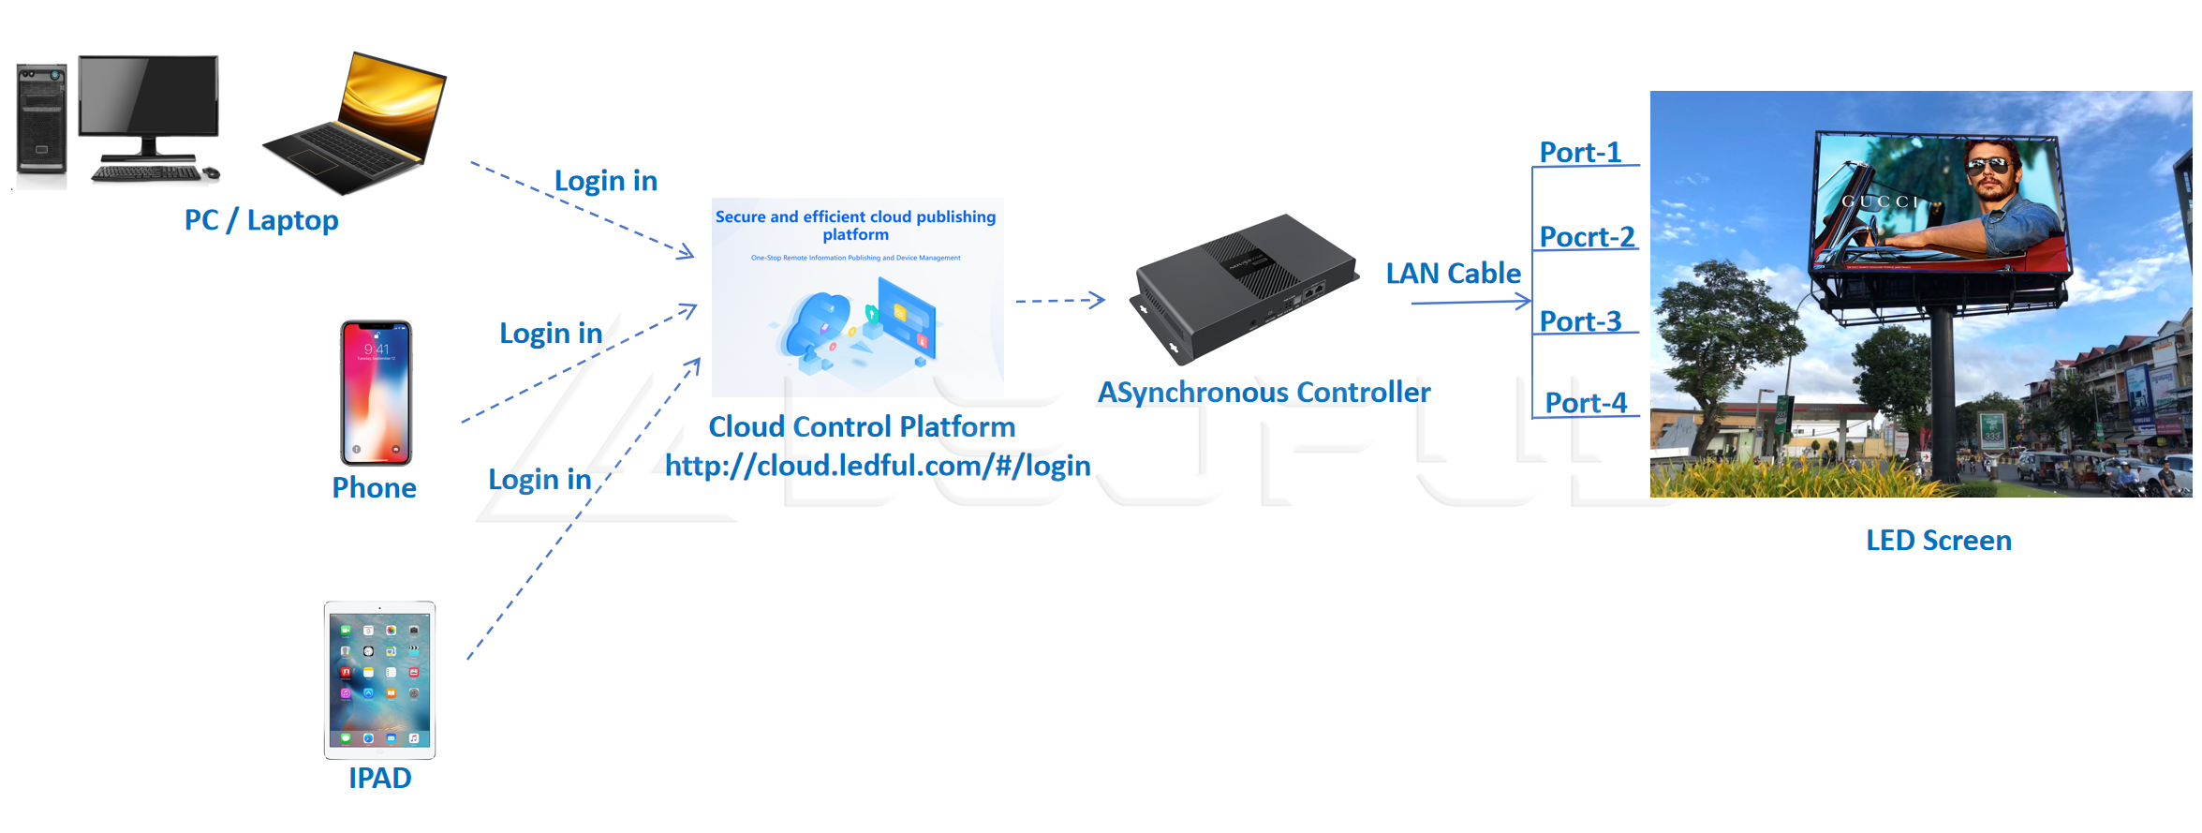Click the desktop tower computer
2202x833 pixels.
click(x=42, y=120)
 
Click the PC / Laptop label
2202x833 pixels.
click(x=261, y=220)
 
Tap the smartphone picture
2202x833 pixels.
click(x=376, y=393)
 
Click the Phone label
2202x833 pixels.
click(x=374, y=488)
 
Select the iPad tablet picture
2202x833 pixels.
click(x=379, y=680)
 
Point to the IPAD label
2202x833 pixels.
click(x=379, y=778)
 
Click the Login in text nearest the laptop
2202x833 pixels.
click(x=605, y=181)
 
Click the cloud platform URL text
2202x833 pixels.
click(x=878, y=466)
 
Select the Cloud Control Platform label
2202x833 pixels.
click(x=862, y=427)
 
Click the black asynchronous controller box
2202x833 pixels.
click(x=1243, y=286)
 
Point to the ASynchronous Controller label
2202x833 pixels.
click(x=1264, y=393)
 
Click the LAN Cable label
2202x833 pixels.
click(x=1453, y=274)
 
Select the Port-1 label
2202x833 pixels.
click(x=1580, y=153)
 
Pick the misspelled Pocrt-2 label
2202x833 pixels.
click(x=1587, y=237)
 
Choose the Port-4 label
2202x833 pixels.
click(x=1586, y=403)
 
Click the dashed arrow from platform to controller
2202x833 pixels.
click(x=1059, y=301)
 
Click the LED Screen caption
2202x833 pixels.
click(x=1938, y=541)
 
